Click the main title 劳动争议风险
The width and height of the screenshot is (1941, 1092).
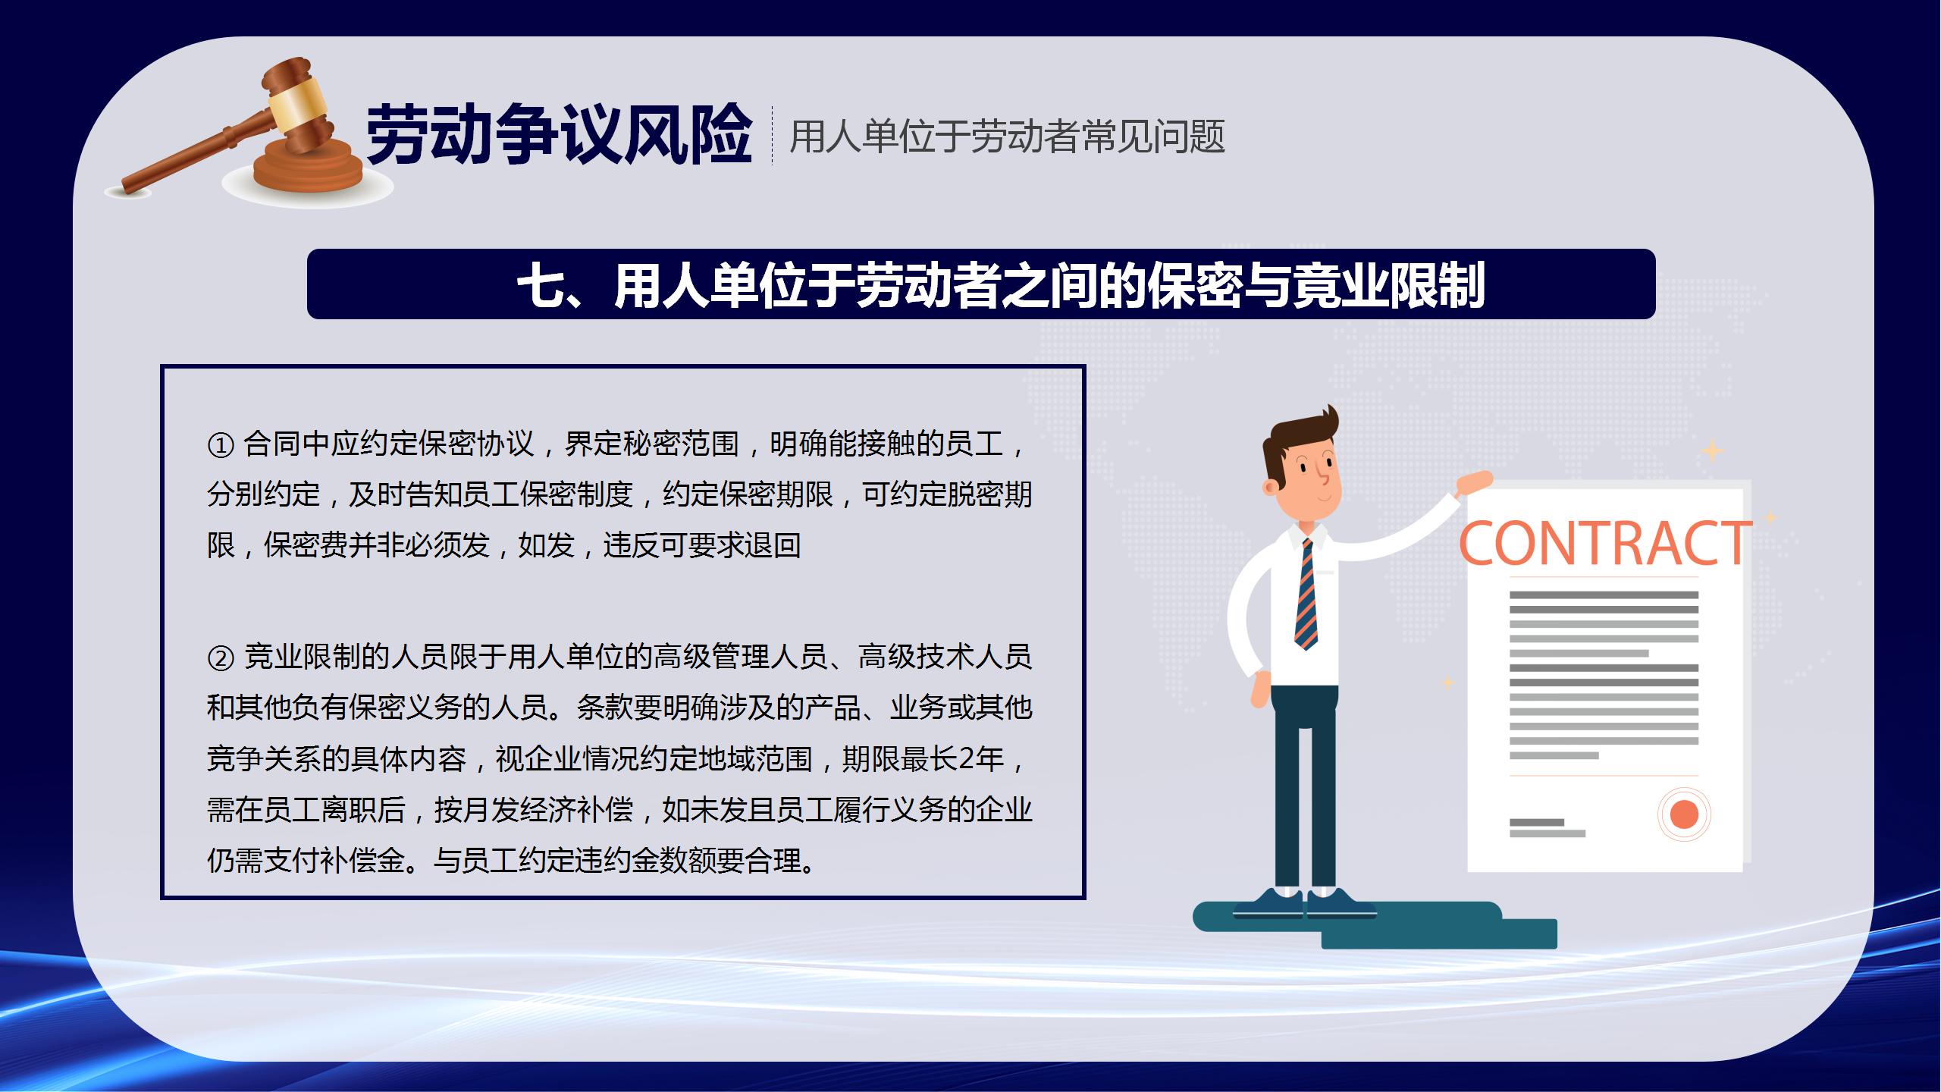pos(559,136)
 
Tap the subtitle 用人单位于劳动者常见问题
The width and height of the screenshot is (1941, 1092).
pos(1007,137)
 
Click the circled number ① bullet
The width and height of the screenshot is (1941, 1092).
pos(220,445)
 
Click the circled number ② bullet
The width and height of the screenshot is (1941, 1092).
pos(220,658)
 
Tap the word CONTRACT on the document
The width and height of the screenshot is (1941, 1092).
pos(1605,544)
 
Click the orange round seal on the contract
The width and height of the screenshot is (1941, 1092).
pos(1684,814)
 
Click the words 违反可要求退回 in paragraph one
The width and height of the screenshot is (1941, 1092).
pos(702,545)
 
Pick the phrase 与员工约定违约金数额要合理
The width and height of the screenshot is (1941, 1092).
pos(617,861)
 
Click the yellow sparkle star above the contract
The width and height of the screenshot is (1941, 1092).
pos(1712,451)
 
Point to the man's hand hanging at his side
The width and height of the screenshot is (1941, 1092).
pos(1259,691)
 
